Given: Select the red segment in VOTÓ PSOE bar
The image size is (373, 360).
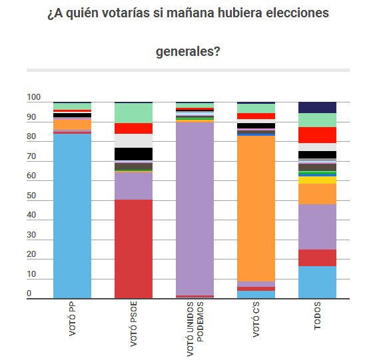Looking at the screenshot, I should point(133,249).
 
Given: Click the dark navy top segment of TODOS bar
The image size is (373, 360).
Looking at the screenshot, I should point(317,107).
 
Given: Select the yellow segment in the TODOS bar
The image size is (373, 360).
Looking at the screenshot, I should point(317,180).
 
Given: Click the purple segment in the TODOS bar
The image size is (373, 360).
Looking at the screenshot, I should point(317,227).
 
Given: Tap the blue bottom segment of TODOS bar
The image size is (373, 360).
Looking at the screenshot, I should point(317,282).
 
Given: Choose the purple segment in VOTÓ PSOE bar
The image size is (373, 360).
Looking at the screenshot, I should point(133,186).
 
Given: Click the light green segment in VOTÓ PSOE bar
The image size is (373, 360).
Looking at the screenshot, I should point(133,112).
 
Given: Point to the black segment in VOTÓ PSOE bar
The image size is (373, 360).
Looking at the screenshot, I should point(133,154).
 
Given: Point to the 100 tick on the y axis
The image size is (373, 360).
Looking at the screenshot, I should point(33,98).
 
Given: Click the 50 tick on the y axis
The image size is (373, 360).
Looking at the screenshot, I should point(31,196).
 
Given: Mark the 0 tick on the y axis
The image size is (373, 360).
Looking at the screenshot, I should point(29,293).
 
